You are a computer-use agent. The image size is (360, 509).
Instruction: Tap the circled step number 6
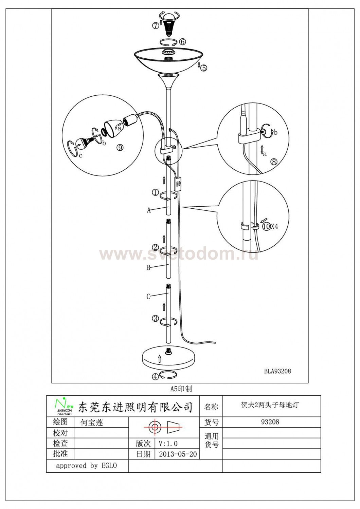point(182,42)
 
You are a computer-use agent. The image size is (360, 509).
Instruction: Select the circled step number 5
point(204,68)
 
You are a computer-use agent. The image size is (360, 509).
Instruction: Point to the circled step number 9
point(120,148)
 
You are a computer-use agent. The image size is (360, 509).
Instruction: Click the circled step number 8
point(274,162)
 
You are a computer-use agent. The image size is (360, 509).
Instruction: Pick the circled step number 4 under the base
point(155,377)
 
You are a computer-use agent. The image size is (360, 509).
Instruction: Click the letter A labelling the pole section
point(149,210)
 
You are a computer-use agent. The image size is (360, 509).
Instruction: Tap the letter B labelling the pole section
point(148,268)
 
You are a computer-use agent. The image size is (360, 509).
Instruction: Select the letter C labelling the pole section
point(148,297)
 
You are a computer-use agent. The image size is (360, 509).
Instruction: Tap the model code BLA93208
point(277,371)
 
